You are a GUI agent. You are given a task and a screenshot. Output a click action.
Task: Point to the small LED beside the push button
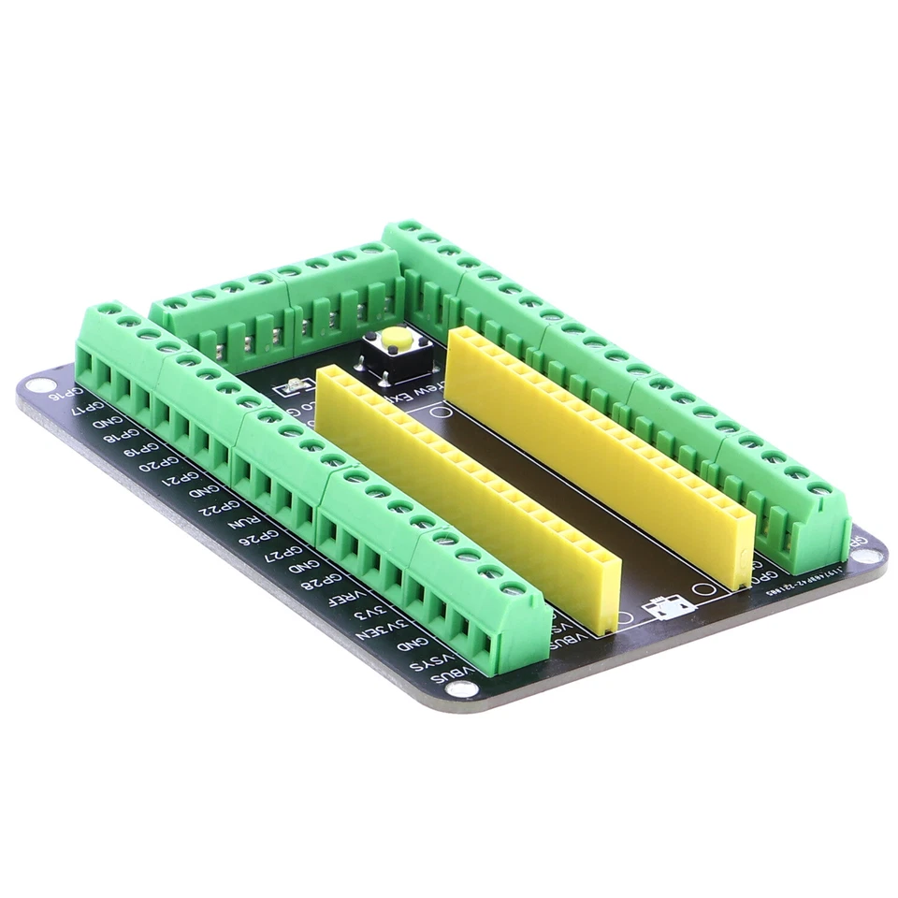293,385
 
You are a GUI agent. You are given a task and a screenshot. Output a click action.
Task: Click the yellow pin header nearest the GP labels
468,496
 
